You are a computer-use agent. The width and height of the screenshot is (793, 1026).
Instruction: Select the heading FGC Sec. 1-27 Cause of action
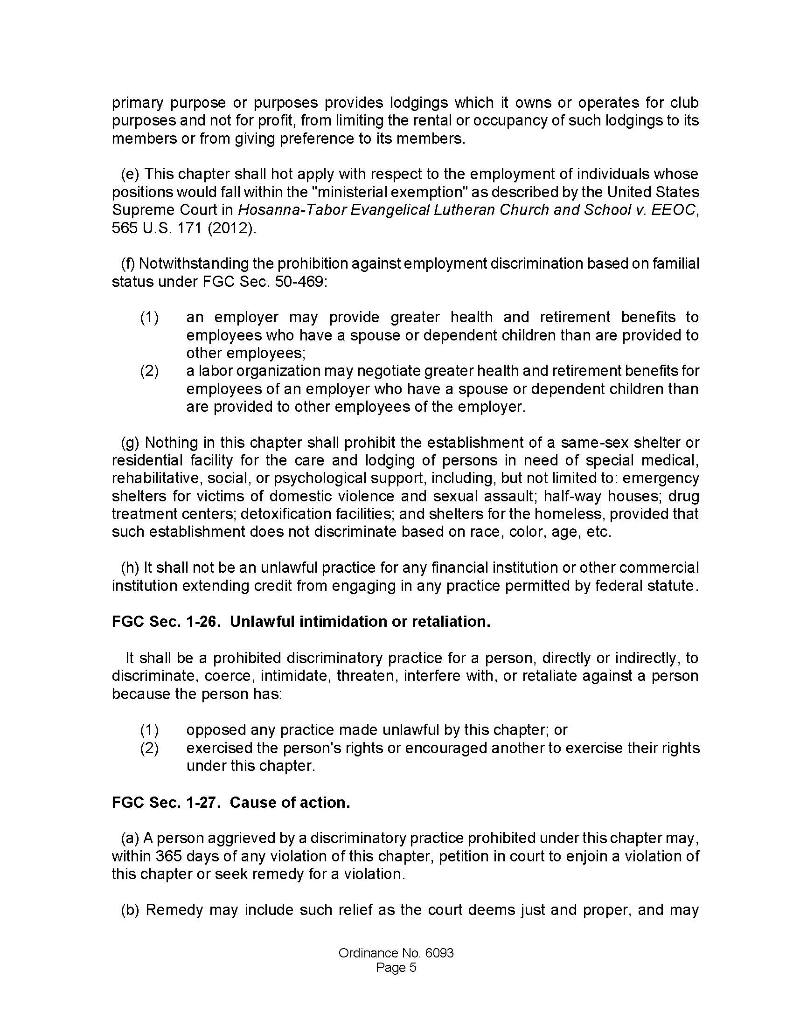tap(230, 803)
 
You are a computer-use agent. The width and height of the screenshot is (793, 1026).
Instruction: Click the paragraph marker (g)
tap(130, 443)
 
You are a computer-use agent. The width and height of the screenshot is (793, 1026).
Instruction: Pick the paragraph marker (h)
tap(130, 568)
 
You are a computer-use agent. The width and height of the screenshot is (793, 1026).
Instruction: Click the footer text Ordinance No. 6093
tap(396, 953)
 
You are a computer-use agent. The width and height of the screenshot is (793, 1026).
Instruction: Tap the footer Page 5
tap(396, 968)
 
